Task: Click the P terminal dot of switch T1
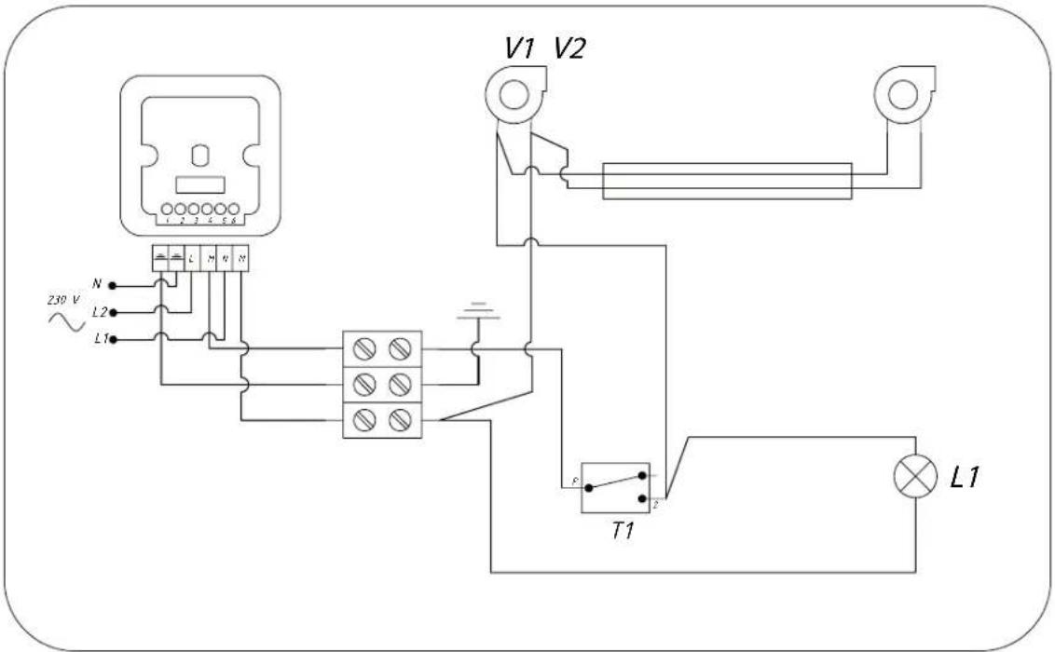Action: coord(588,486)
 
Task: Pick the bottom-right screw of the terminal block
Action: coord(401,421)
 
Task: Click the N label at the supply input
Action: coord(96,283)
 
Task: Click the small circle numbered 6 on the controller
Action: coord(233,210)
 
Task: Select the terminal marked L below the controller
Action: coord(191,256)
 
